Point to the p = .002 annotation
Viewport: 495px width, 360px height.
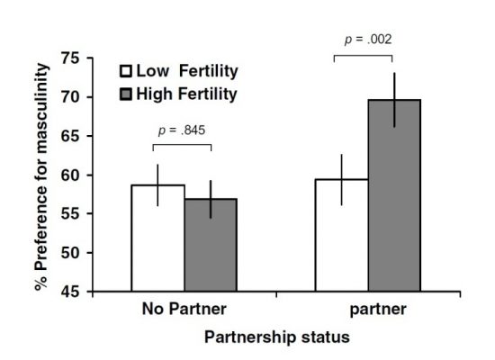point(367,40)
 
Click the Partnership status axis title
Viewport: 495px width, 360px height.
point(275,336)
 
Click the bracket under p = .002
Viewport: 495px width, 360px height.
point(367,56)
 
